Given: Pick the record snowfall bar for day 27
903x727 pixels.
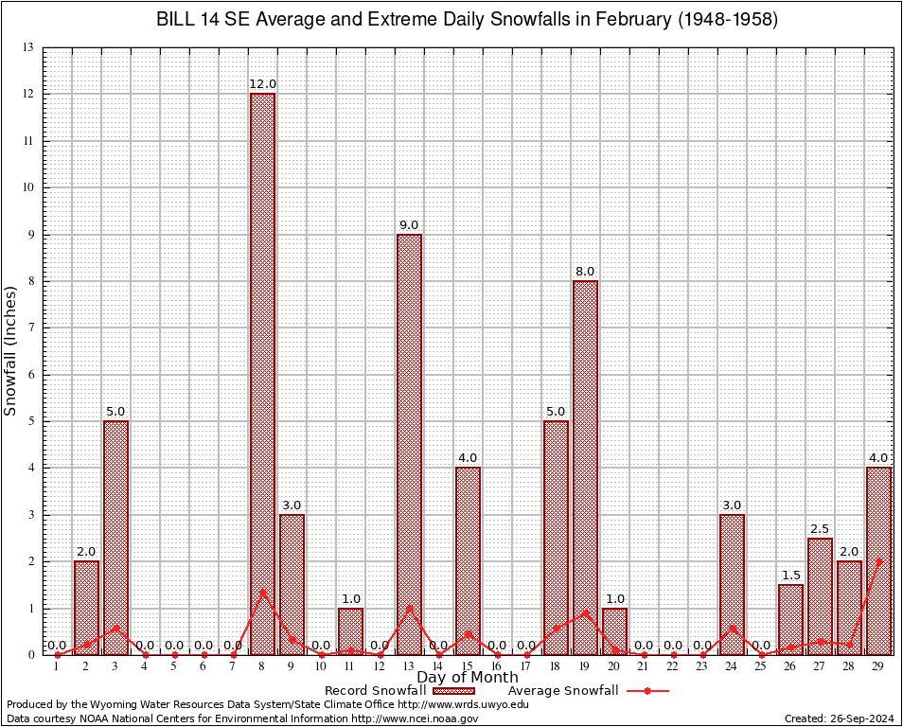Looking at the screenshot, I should coord(820,596).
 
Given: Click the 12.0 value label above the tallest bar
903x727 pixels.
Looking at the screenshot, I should coord(262,84).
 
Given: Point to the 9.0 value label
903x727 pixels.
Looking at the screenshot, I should coord(409,225).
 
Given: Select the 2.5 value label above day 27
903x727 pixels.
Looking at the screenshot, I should coord(820,529).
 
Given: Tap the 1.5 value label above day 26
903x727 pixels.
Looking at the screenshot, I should coord(790,576).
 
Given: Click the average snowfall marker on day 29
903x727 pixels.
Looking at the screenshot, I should coord(878,561).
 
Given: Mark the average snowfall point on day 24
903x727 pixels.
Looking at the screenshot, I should coord(732,629).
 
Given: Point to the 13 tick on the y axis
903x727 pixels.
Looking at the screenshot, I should coord(27,47).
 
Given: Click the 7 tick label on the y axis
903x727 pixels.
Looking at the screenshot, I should coord(30,328).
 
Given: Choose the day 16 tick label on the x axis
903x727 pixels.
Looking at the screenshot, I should coord(497,666).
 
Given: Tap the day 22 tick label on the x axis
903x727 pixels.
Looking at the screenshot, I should coord(673,666).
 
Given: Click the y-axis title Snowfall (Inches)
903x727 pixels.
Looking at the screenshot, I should coord(11,351).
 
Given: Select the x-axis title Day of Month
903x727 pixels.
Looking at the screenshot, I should coord(468,677).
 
